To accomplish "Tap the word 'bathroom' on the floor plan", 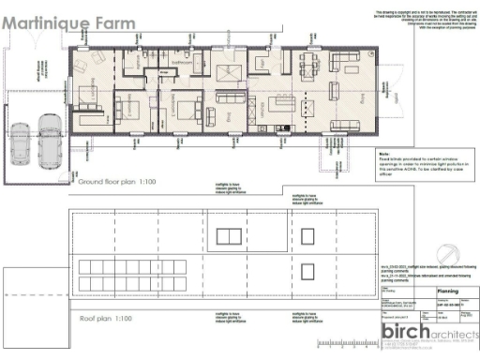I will (x=181, y=65).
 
